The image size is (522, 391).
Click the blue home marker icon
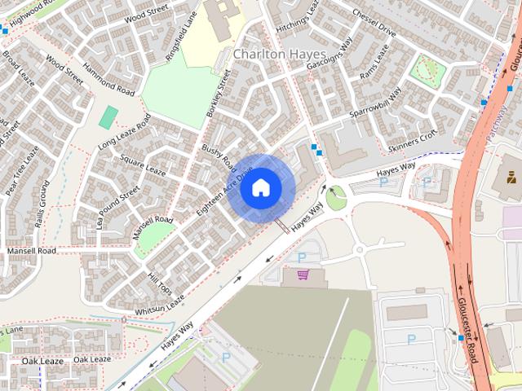coord(260,188)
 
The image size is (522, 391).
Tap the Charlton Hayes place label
coord(280,54)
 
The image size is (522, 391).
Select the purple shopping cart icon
coord(303,275)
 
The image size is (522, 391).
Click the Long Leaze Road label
coord(125,133)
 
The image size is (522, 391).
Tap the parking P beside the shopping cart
coord(303,257)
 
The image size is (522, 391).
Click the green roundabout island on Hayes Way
coord(335,196)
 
